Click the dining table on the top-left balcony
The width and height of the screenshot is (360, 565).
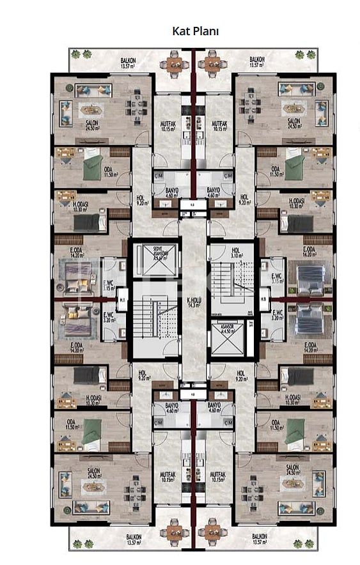[175, 64]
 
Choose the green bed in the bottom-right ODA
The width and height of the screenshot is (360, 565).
[295, 427]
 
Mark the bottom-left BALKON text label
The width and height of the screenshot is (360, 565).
[134, 538]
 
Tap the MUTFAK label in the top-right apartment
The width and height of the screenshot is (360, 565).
[219, 124]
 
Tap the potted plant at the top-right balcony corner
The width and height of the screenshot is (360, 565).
[311, 54]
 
